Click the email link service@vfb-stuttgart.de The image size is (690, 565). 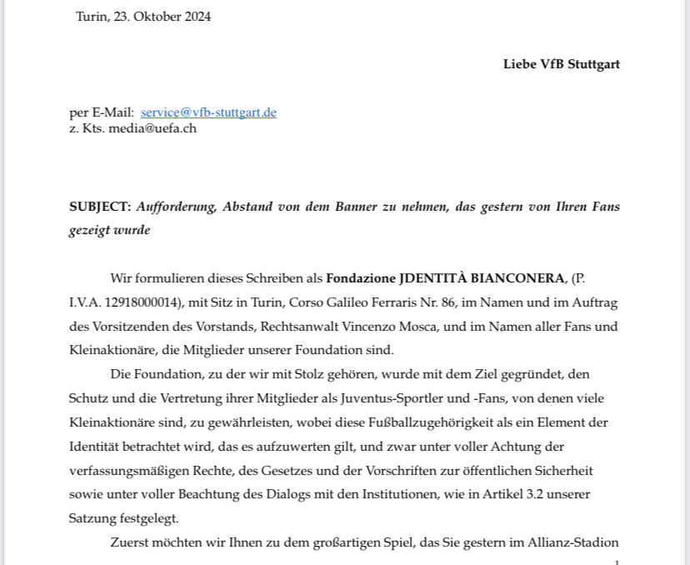coord(208,112)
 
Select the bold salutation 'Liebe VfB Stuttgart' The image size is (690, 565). coord(561,64)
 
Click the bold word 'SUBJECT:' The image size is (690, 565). coord(100,207)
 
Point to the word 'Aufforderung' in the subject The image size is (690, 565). coord(176,207)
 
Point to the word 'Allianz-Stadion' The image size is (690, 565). coord(573,542)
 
